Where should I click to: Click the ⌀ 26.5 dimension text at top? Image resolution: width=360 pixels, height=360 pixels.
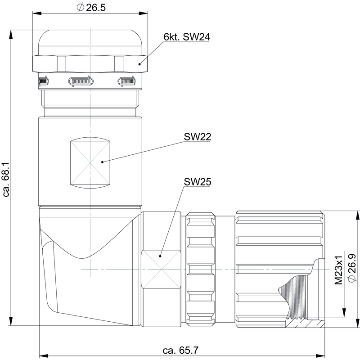[x=91, y=7]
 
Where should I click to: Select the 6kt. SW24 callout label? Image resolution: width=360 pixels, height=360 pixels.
[x=187, y=37]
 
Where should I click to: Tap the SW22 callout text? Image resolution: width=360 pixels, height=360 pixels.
[x=197, y=137]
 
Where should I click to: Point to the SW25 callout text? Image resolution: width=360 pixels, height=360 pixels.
[x=197, y=182]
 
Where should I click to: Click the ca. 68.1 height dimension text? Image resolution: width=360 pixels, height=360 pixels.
[x=6, y=179]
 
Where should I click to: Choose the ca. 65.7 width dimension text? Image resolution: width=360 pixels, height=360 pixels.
[x=180, y=351]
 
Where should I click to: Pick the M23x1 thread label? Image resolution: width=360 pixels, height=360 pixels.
[x=338, y=270]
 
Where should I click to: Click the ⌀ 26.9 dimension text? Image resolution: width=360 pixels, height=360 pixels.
[x=352, y=268]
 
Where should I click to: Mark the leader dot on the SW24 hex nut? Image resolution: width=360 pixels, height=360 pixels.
[x=139, y=64]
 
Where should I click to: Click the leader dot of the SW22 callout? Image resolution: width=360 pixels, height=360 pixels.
[x=103, y=162]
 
